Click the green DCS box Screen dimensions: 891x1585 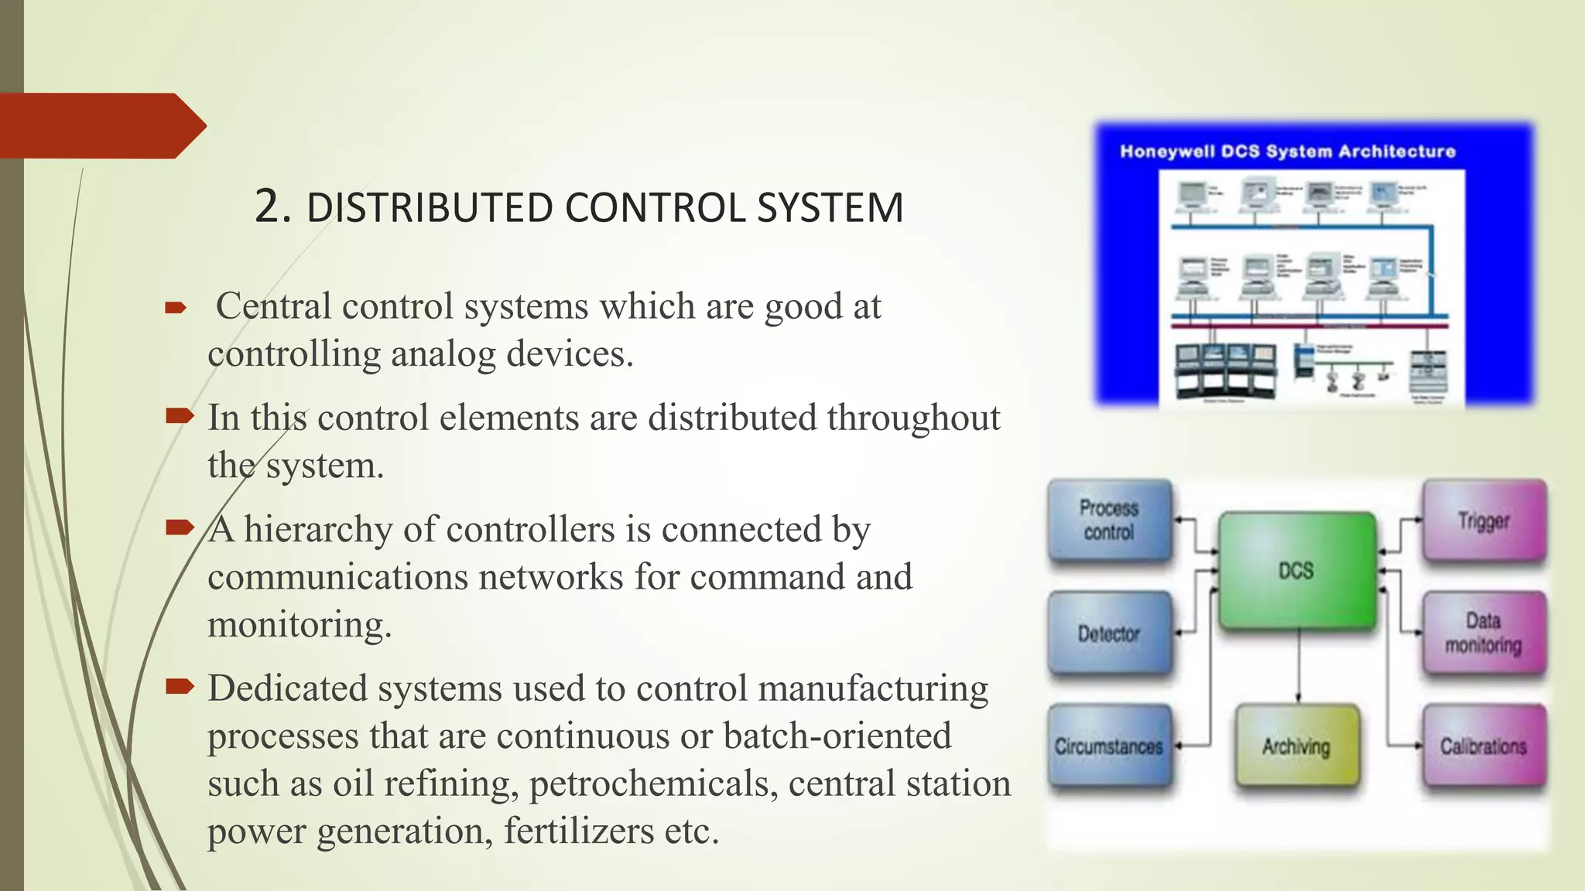[x=1296, y=571]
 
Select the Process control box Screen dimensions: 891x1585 [x=1109, y=520]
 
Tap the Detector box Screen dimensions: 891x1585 [x=1109, y=633]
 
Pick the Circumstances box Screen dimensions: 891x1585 [x=1109, y=746]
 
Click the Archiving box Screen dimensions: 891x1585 [x=1296, y=746]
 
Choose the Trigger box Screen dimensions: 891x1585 [x=1484, y=521]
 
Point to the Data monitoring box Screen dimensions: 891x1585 [x=1484, y=633]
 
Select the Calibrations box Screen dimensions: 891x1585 [x=1484, y=746]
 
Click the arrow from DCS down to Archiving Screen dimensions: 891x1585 [x=1299, y=665]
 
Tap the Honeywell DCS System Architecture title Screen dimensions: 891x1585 [x=1288, y=152]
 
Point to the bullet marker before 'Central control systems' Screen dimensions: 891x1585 [x=176, y=309]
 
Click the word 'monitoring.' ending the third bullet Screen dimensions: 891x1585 [x=300, y=625]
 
